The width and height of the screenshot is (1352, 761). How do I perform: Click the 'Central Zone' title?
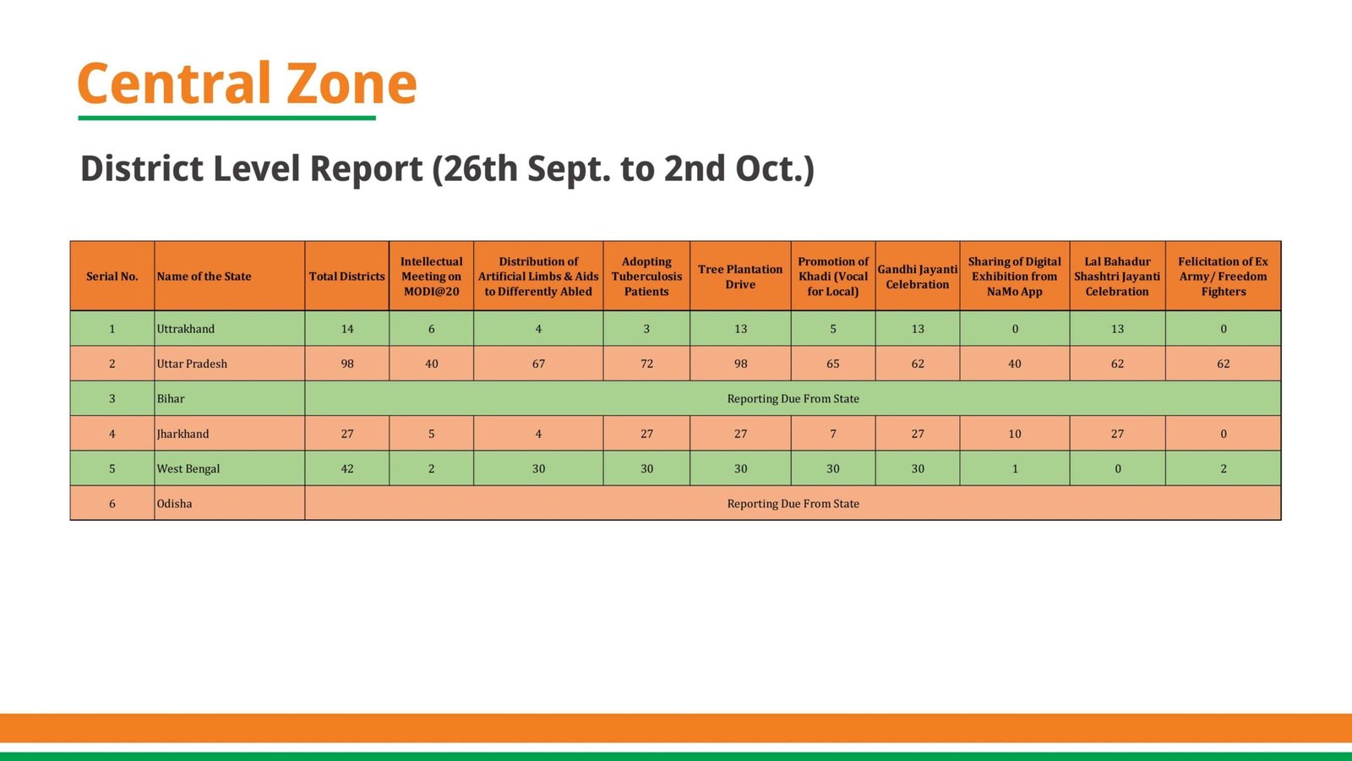(x=247, y=84)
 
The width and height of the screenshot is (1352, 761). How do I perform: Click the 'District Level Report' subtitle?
(x=447, y=168)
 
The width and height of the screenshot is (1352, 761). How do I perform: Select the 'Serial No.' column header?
(x=112, y=276)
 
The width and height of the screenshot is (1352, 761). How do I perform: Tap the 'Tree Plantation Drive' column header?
(x=740, y=276)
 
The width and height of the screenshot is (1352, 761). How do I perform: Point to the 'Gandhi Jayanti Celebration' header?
(x=918, y=276)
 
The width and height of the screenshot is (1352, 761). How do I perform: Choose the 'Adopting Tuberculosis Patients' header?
(x=646, y=276)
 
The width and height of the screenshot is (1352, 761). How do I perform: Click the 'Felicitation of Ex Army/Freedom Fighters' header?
(x=1223, y=276)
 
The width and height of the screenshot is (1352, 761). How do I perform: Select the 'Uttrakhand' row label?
(x=186, y=329)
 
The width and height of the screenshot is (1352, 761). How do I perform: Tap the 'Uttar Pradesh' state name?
(x=192, y=364)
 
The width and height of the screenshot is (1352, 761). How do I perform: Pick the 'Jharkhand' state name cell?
(x=183, y=434)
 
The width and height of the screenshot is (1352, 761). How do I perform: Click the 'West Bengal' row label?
(x=188, y=468)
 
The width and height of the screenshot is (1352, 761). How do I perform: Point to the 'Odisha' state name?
(x=175, y=504)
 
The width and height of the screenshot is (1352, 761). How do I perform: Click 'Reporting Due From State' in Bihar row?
(x=793, y=399)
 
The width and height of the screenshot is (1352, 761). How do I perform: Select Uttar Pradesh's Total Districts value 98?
(x=347, y=364)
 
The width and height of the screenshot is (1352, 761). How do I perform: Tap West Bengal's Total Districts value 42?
(x=347, y=468)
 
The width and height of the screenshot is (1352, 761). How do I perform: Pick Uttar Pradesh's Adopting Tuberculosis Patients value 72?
(x=646, y=364)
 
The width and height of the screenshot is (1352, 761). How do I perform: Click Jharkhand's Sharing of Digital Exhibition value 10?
(x=1015, y=434)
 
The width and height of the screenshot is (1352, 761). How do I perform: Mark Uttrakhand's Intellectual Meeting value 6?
(x=431, y=329)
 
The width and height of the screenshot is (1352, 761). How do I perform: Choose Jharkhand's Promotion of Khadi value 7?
(x=833, y=434)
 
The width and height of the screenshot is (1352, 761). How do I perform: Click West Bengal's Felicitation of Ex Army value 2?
(x=1223, y=468)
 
